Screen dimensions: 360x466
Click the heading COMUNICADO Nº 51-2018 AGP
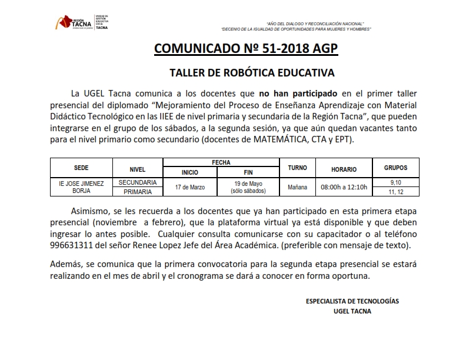pos(246,48)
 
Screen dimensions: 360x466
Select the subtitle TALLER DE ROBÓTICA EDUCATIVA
pos(252,74)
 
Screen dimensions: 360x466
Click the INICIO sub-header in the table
pos(190,172)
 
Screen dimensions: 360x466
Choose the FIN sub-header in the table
pos(248,172)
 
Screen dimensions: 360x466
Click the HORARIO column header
pos(344,169)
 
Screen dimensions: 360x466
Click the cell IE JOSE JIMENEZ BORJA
pos(81,187)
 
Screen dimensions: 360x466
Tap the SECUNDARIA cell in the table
pos(137,182)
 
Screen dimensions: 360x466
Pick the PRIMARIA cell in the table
pos(137,192)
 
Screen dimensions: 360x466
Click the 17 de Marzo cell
pos(190,187)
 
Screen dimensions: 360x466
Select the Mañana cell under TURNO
pos(298,187)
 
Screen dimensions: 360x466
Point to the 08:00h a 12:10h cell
pos(344,187)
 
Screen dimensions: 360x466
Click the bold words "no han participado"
pos(298,93)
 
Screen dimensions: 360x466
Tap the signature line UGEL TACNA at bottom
pos(352,311)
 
